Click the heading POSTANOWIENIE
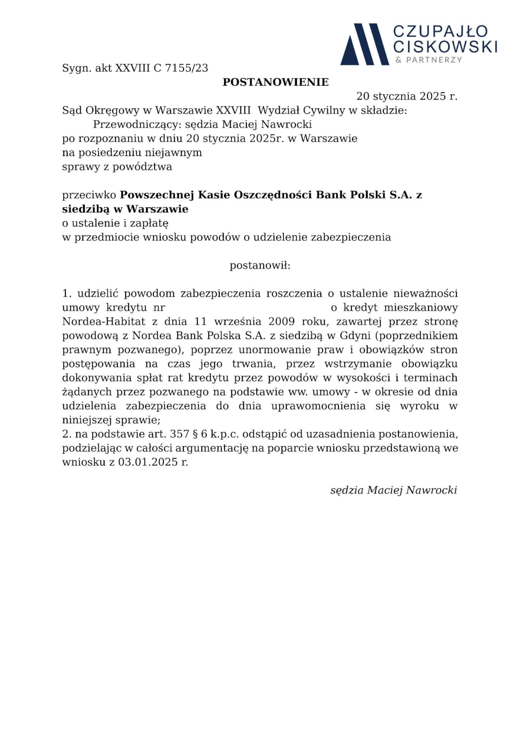(275, 82)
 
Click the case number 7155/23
(186, 68)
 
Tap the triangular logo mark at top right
(364, 45)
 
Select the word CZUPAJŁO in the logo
(440, 31)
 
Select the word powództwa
(142, 167)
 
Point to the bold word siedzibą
(85, 209)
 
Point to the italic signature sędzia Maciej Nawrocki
(394, 490)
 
